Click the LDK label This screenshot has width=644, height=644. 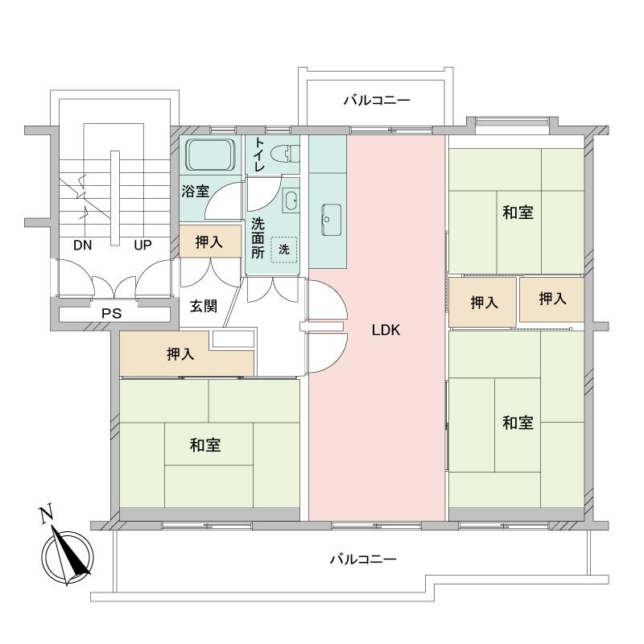(386, 330)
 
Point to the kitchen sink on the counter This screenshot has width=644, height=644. (331, 217)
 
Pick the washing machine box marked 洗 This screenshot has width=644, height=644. (283, 250)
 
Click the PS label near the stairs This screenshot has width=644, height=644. (111, 313)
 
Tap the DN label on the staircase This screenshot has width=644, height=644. (82, 246)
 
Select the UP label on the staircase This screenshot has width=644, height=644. (142, 246)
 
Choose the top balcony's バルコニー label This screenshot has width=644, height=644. (377, 101)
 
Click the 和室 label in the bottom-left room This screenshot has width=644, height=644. (206, 445)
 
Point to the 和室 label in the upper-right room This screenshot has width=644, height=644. (518, 213)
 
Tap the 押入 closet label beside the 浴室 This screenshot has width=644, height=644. (209, 242)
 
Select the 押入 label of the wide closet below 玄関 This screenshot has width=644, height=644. (180, 354)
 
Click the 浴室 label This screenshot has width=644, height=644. (195, 192)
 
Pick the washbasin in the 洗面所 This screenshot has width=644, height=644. (291, 200)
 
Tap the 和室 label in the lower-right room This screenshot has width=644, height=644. (518, 423)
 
